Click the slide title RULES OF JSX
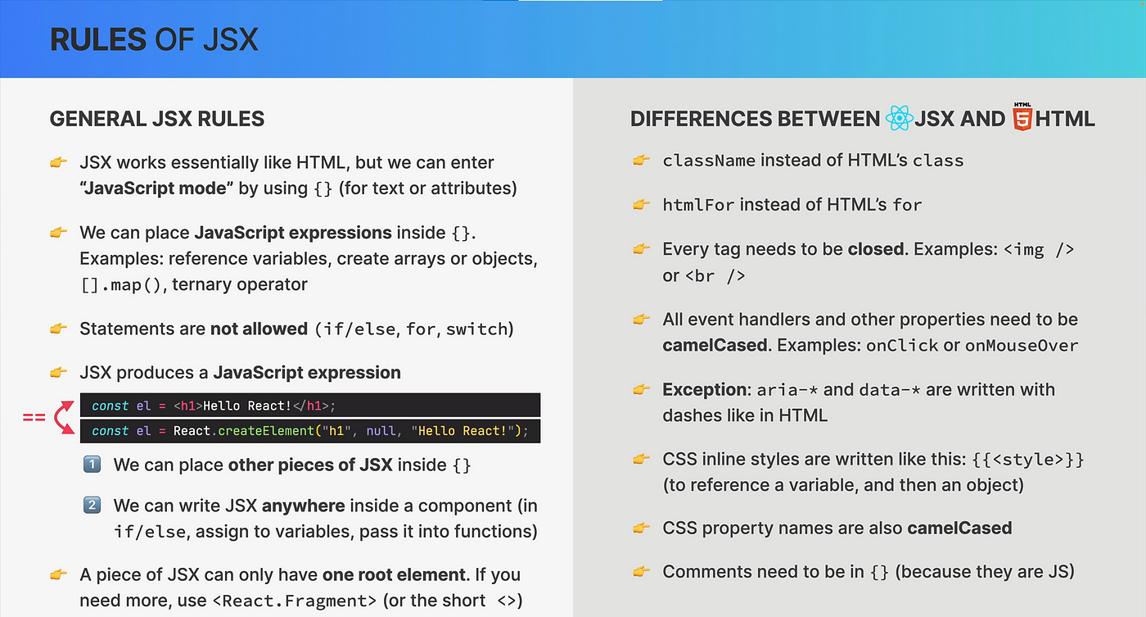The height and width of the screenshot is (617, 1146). pyautogui.click(x=154, y=39)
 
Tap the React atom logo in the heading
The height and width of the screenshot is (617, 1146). pyautogui.click(x=899, y=118)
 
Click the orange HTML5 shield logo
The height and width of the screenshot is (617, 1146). pyautogui.click(x=1022, y=116)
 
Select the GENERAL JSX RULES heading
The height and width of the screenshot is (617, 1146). pyautogui.click(x=157, y=119)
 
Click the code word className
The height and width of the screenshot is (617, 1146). pyautogui.click(x=709, y=161)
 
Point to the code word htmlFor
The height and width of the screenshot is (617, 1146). pyautogui.click(x=698, y=205)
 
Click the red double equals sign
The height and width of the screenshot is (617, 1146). pyautogui.click(x=34, y=418)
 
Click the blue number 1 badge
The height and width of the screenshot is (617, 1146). pyautogui.click(x=92, y=465)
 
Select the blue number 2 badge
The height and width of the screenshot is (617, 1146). pyautogui.click(x=92, y=506)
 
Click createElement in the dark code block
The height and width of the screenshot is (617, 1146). pyautogui.click(x=266, y=431)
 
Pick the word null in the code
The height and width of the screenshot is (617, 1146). pyautogui.click(x=381, y=431)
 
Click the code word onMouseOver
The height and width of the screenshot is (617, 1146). pyautogui.click(x=1022, y=346)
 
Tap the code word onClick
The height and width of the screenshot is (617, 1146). pyautogui.click(x=902, y=346)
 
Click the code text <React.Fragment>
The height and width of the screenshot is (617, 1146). pyautogui.click(x=294, y=601)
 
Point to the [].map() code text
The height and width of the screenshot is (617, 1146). pyautogui.click(x=121, y=284)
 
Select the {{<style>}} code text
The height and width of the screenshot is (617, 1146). pyautogui.click(x=1027, y=460)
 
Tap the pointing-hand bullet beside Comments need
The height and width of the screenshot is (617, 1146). pyautogui.click(x=641, y=571)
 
